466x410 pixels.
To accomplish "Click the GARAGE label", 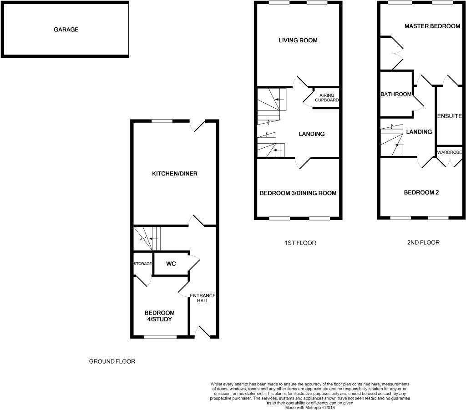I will click(66, 30).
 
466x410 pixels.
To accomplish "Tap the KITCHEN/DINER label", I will click(175, 174).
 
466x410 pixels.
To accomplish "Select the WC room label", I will click(171, 264).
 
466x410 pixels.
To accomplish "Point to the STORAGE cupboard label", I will click(142, 264).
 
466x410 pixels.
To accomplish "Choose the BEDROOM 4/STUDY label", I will click(160, 316).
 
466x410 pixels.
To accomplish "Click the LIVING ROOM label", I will click(298, 40).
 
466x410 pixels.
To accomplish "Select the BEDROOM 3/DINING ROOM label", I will click(298, 193).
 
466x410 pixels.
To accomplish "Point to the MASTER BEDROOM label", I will click(432, 26).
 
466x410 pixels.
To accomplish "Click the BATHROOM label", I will click(396, 94).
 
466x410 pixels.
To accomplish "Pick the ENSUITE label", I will click(450, 116).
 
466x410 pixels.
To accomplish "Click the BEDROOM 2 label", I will click(421, 192).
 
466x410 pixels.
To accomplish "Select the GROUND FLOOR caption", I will click(112, 362).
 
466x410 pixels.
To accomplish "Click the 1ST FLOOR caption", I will click(298, 243).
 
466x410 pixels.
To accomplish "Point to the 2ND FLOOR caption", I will click(423, 242).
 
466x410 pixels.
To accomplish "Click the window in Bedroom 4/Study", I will click(160, 337).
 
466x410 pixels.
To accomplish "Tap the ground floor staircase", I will click(148, 238).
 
